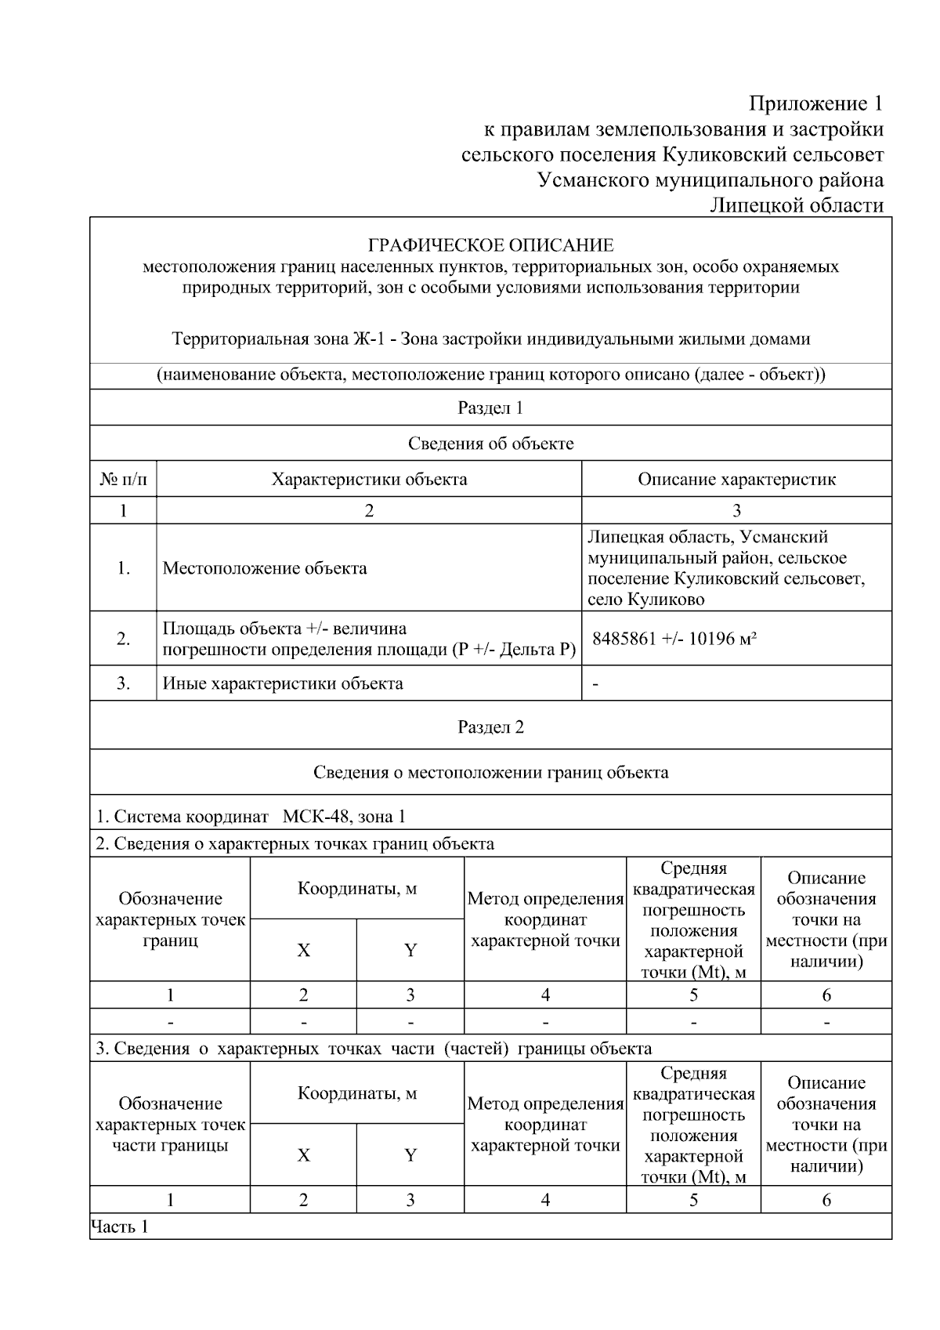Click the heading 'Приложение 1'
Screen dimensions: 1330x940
816,103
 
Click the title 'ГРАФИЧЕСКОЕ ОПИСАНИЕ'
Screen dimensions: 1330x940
490,246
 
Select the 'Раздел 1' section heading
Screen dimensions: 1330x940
490,408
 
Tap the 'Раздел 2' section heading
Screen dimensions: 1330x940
490,727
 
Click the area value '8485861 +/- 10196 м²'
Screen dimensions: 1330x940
674,638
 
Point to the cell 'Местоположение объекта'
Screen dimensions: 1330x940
265,568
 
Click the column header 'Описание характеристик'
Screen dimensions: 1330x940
736,479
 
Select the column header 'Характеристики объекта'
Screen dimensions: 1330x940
369,479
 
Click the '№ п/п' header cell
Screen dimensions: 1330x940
123,479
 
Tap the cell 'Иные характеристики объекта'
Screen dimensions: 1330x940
283,683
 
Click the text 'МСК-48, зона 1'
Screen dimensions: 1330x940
344,817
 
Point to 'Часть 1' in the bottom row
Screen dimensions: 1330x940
120,1227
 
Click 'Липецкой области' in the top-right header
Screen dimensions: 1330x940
797,205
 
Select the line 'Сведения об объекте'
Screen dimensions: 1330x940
490,444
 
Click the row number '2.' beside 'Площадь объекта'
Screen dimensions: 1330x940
123,639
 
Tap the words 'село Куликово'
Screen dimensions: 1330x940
645,600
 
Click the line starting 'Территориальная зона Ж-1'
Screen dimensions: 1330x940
490,339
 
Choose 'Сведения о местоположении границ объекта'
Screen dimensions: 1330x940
490,773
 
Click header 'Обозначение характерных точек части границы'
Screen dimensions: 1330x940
170,1125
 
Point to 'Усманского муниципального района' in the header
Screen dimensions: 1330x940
710,180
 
